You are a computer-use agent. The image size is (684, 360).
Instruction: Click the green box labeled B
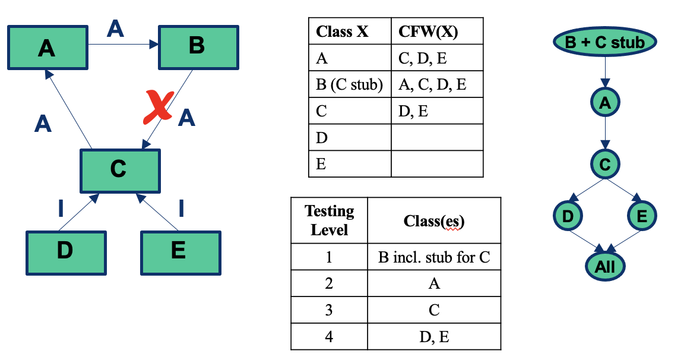click(198, 46)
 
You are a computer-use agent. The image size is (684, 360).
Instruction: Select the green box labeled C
click(120, 170)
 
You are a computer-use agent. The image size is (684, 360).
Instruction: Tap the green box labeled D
click(66, 252)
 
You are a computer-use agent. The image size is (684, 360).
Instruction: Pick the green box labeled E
click(180, 252)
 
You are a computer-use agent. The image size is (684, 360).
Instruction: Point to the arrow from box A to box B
click(123, 44)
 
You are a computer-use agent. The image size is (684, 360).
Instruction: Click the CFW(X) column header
click(436, 32)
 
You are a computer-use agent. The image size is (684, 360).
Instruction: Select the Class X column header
click(350, 32)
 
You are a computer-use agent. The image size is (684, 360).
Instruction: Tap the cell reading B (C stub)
click(350, 85)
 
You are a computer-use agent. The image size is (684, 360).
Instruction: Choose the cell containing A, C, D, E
click(436, 85)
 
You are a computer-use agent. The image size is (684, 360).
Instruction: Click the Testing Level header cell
click(329, 220)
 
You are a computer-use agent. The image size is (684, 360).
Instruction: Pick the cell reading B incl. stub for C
click(434, 258)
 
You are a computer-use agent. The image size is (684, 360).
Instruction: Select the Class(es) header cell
click(434, 220)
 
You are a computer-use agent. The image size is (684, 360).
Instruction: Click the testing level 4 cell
click(329, 337)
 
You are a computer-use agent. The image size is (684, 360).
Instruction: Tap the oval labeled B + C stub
click(604, 43)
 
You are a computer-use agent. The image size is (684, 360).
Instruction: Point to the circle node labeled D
click(568, 216)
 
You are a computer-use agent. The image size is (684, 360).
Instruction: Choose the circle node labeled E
click(642, 216)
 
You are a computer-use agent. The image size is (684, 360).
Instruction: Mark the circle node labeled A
click(604, 103)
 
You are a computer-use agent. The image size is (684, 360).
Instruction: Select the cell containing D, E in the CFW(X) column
click(436, 111)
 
